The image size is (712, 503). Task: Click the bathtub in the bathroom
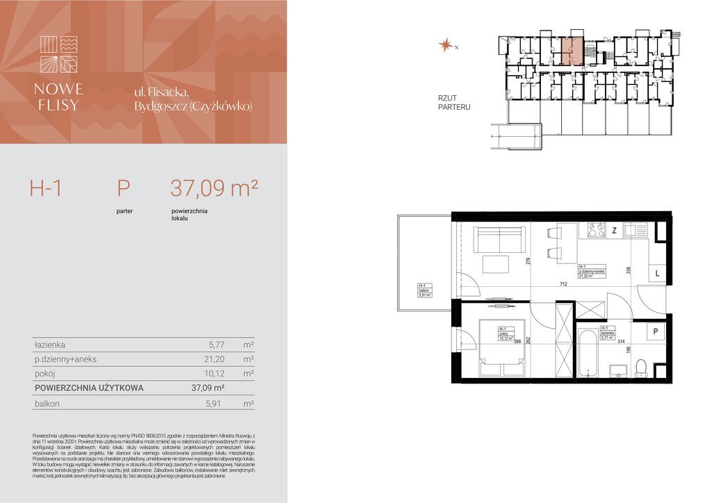coord(588,354)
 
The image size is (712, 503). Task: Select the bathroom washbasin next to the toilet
coord(619,370)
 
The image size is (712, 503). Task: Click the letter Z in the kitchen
coord(614,231)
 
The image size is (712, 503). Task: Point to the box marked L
coord(657,274)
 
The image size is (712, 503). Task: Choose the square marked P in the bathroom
coord(655,332)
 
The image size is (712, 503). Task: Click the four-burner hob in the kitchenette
coord(596,230)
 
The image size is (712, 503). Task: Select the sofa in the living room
coord(499,240)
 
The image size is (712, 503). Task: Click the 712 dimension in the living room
coord(565,284)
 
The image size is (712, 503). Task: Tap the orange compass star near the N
coord(444,45)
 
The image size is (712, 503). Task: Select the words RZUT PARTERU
coord(454,103)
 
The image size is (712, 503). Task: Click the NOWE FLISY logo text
coord(59,97)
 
